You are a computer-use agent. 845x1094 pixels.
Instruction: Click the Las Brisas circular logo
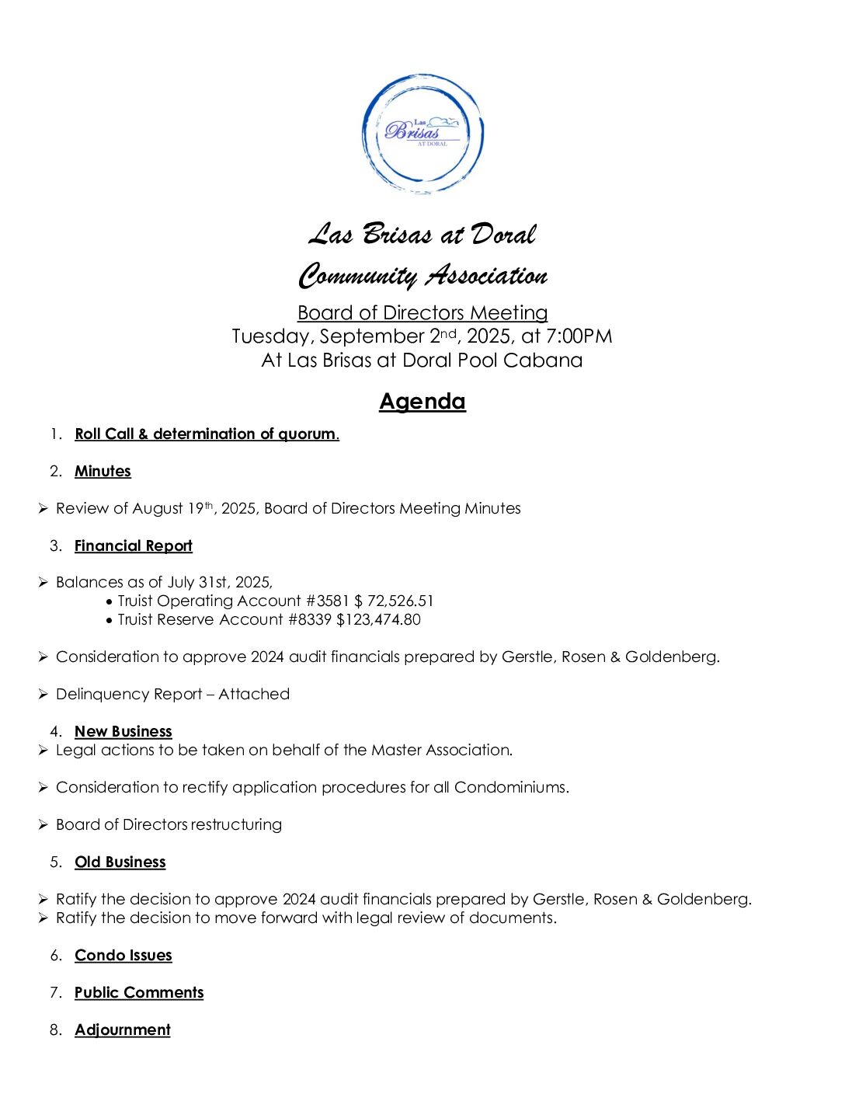coord(422,134)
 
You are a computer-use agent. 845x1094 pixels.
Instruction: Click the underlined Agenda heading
coord(422,402)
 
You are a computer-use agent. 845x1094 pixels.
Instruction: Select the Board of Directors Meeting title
coord(422,312)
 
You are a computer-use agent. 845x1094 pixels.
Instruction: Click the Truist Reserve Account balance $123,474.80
coord(378,619)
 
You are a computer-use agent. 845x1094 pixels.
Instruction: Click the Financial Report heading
coord(133,545)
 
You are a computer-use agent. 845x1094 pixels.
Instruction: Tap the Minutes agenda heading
coord(103,471)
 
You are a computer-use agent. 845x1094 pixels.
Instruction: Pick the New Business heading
coord(123,731)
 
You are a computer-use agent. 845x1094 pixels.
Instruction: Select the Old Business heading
coord(120,862)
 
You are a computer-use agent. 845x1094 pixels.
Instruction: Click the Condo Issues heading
coord(123,955)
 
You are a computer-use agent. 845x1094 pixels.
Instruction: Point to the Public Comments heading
coord(138,992)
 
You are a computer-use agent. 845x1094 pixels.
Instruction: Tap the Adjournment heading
coord(122,1030)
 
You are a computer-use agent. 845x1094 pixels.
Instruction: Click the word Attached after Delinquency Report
coord(253,694)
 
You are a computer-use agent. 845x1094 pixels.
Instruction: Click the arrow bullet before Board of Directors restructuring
coord(43,824)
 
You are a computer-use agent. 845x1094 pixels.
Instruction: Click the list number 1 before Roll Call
coord(55,434)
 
